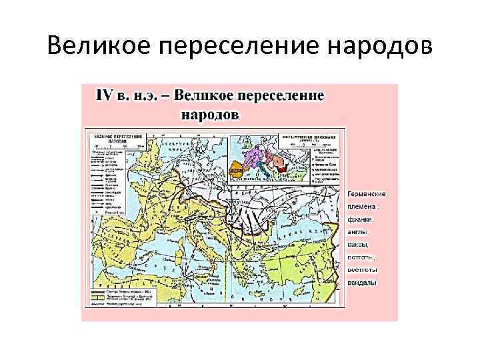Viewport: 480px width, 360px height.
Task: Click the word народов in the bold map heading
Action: [209, 114]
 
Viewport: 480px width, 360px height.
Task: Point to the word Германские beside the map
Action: [367, 193]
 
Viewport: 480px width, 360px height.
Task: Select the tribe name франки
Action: [361, 219]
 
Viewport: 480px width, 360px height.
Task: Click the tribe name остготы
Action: [361, 257]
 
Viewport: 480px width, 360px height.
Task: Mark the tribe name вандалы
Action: [363, 283]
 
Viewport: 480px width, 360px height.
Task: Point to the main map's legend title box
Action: [119, 135]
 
